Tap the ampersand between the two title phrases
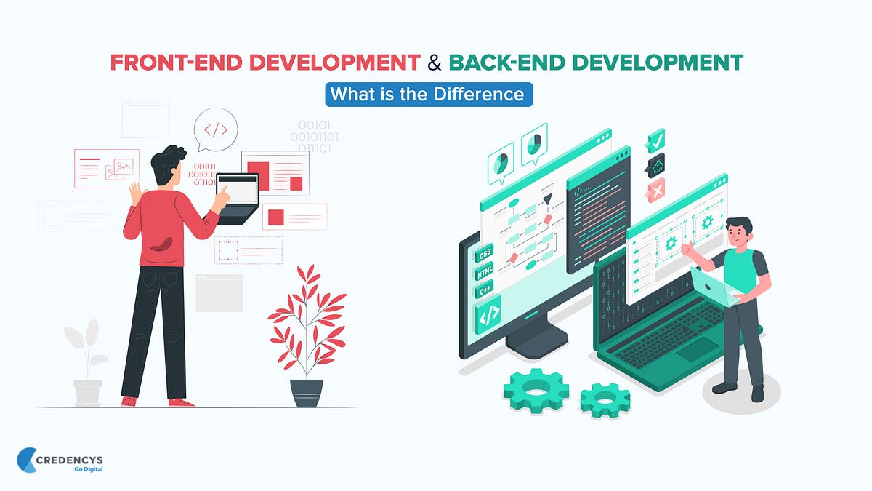pos(434,63)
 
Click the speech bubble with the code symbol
pos(216,129)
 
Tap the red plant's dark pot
pos(306,393)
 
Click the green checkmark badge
pos(656,140)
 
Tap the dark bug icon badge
pos(656,165)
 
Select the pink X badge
pos(656,191)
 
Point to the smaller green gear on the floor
pos(606,399)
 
